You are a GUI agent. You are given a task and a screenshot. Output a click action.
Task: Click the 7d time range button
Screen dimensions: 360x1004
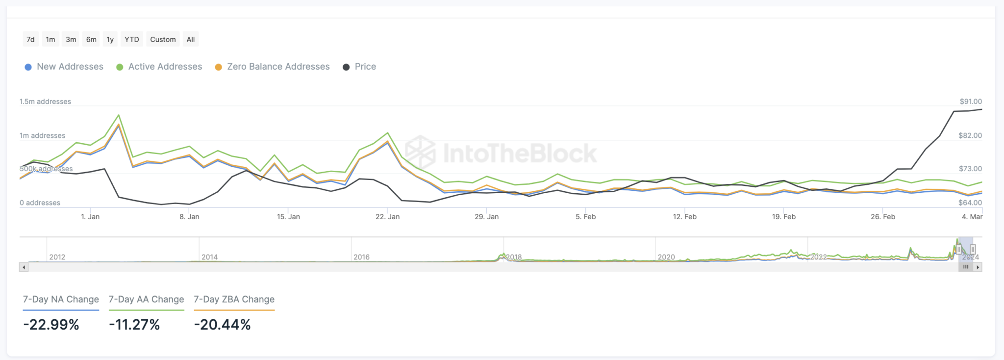30,40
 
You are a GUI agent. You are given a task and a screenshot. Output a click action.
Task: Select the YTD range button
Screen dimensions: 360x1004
131,40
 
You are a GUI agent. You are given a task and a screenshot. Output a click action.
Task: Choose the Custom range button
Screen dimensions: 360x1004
163,40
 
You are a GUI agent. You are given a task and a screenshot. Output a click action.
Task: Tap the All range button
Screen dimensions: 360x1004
191,40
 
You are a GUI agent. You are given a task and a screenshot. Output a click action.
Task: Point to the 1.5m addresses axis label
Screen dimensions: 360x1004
45,102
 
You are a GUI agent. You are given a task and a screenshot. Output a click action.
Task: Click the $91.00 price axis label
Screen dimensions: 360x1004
971,102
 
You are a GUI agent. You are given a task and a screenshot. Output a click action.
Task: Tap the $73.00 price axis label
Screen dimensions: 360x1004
970,169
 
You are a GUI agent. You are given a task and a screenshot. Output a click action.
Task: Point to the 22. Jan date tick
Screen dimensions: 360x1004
387,217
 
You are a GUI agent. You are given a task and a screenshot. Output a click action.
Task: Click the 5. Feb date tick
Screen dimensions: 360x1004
585,217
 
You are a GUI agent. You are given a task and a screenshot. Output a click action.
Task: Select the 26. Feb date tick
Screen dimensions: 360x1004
882,217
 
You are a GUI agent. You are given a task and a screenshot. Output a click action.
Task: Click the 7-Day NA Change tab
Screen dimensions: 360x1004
61,299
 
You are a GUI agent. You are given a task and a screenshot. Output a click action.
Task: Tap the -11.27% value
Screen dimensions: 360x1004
134,325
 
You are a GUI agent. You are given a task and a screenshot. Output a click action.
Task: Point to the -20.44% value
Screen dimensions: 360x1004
222,325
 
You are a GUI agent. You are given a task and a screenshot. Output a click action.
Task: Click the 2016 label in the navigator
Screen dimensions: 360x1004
361,257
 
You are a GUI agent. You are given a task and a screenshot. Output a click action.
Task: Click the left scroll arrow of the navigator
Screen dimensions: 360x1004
24,267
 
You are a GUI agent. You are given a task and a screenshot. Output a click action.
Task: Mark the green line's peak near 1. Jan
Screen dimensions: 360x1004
119,115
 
